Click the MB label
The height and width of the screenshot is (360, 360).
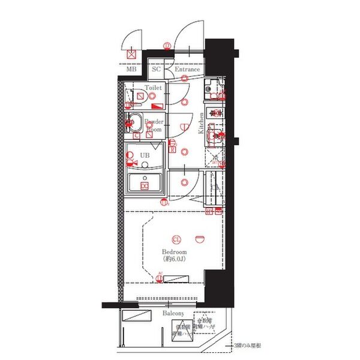pyautogui.click(x=131, y=70)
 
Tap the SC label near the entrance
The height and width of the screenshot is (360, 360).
pyautogui.click(x=156, y=70)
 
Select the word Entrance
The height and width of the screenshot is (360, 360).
pyautogui.click(x=187, y=70)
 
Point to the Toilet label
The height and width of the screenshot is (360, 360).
pyautogui.click(x=153, y=88)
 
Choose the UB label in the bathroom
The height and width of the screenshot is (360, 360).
pyautogui.click(x=145, y=155)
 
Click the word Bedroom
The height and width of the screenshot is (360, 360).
pyautogui.click(x=175, y=252)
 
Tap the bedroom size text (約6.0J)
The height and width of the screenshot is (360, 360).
pyautogui.click(x=175, y=260)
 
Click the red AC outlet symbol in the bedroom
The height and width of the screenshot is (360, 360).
pyautogui.click(x=160, y=277)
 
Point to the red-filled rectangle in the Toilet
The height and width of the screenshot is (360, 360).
pyautogui.click(x=157, y=106)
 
